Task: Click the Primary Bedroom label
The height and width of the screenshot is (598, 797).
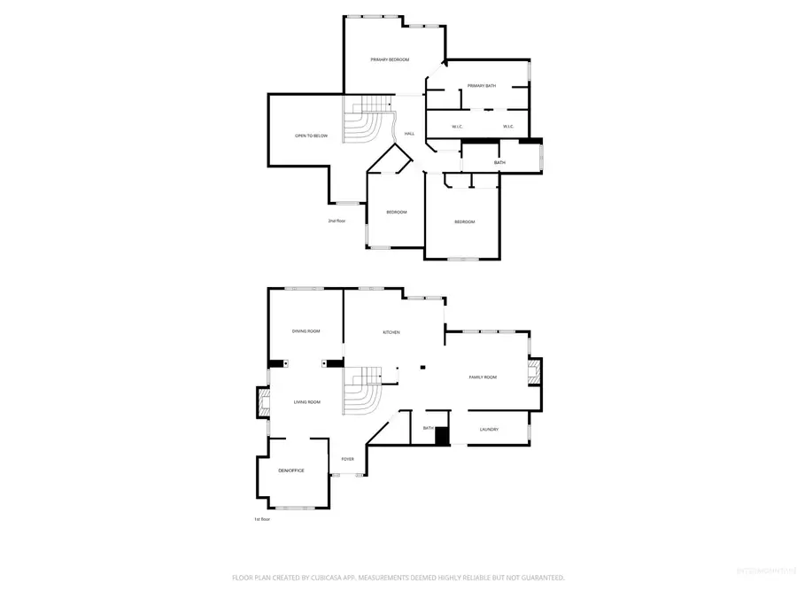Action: click(390, 59)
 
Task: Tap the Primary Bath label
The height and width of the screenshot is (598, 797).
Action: click(482, 86)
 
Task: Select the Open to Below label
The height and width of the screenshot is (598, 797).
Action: click(311, 136)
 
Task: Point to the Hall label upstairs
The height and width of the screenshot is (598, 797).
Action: click(409, 134)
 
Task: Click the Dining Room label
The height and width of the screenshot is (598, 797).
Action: click(306, 331)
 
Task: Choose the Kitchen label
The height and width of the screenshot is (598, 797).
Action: click(391, 332)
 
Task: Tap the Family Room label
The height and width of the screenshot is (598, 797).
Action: click(483, 377)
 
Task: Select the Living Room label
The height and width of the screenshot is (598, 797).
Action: click(306, 402)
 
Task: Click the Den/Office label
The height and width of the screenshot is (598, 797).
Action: click(290, 470)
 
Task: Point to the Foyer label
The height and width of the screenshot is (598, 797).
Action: click(347, 459)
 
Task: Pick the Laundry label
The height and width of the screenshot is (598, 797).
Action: click(489, 430)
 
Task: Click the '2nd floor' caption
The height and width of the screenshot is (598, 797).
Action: click(337, 220)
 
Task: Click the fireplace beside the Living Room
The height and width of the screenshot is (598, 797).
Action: click(264, 404)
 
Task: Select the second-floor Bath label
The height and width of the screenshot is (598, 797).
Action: click(499, 162)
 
